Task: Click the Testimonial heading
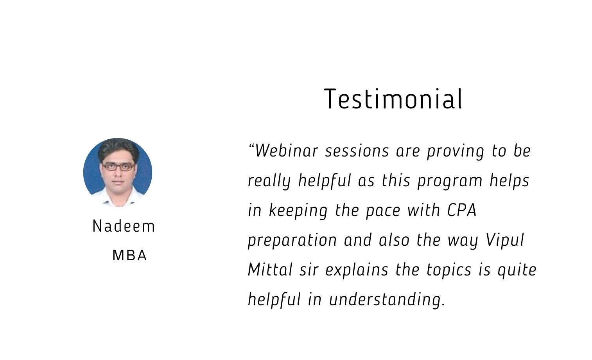[x=393, y=99]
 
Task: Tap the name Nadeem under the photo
[x=124, y=227]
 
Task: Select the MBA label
[x=129, y=256]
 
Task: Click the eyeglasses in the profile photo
[x=118, y=167]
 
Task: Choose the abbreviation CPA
[x=462, y=210]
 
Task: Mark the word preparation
[x=292, y=241]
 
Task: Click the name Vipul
[x=505, y=240]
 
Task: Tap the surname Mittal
[x=270, y=270]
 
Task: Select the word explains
[x=357, y=270]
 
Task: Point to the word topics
[x=449, y=271]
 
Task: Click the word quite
[x=517, y=271]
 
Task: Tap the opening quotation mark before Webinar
[x=251, y=146]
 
